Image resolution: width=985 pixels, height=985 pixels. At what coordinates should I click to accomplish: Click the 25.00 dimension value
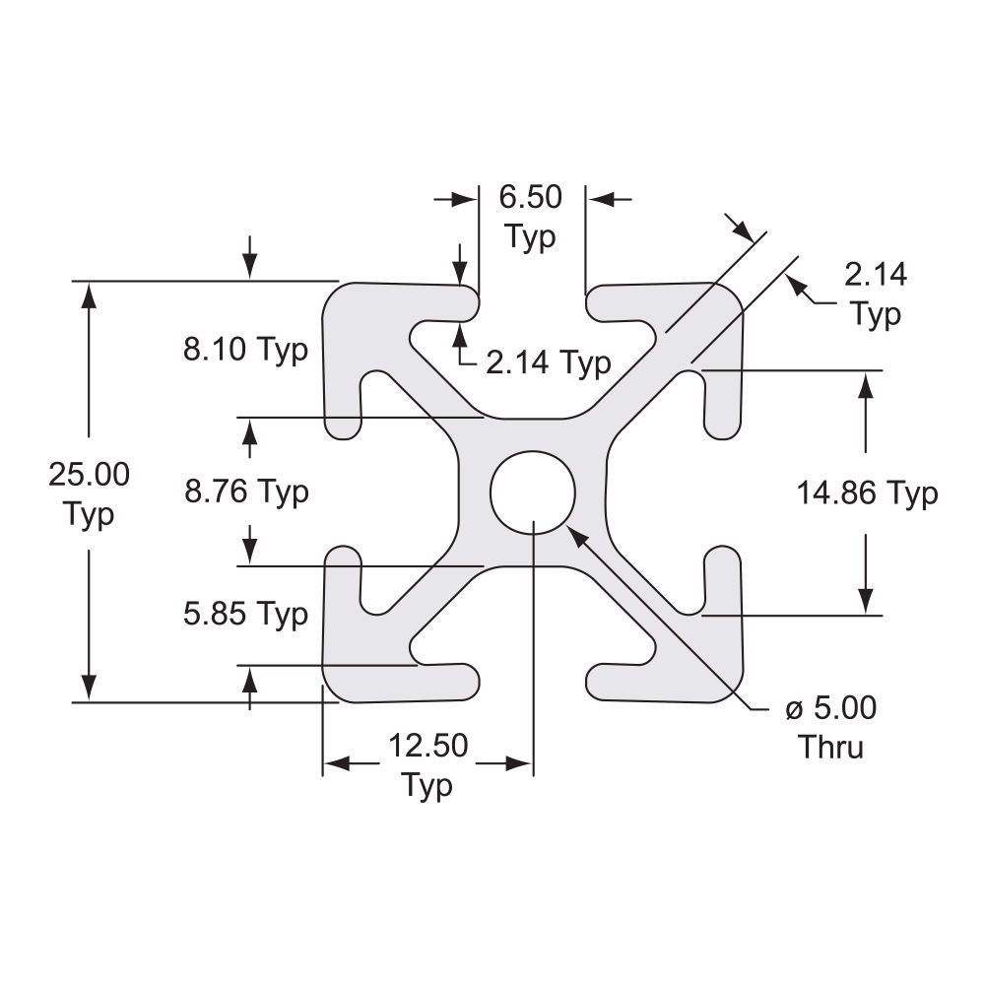(89, 475)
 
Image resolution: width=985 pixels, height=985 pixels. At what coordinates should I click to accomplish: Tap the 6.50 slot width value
(530, 197)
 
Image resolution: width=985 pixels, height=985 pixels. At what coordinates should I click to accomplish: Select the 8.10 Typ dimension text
(246, 350)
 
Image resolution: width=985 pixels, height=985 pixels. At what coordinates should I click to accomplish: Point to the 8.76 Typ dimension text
(246, 491)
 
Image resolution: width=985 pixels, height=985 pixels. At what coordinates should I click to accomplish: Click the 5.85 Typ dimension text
(246, 615)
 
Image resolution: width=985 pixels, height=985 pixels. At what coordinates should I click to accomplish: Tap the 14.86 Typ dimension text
(867, 492)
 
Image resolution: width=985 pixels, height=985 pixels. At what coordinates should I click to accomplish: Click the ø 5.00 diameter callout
(830, 708)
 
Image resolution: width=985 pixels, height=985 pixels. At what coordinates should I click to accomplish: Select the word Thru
(830, 747)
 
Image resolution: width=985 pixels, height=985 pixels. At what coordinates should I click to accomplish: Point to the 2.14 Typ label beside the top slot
(548, 362)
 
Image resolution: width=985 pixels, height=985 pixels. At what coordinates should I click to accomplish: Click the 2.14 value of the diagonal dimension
(876, 275)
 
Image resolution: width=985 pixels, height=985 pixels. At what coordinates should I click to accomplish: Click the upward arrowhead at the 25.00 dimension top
(89, 293)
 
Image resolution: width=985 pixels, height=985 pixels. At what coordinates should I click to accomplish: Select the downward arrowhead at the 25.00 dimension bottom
(89, 689)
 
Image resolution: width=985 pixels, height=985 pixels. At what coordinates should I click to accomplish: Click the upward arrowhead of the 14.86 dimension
(866, 383)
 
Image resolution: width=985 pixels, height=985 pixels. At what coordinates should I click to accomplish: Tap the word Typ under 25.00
(89, 514)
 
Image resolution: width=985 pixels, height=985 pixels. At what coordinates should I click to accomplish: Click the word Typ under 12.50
(427, 786)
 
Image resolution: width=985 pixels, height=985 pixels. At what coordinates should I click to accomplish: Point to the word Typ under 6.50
(530, 237)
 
